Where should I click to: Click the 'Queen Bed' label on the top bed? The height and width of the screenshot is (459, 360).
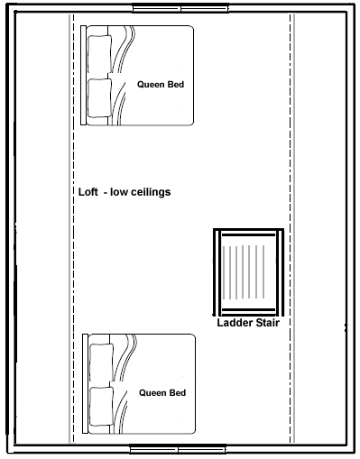[161, 85]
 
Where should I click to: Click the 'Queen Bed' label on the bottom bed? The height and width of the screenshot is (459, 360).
[162, 393]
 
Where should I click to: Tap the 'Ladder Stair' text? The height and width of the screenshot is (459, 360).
[248, 323]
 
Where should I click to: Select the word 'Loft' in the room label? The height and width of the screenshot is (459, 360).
[88, 192]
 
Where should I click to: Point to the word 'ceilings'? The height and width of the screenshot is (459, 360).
[151, 192]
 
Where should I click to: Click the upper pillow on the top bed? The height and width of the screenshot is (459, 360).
[99, 54]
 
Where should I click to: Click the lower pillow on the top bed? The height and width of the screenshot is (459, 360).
[99, 97]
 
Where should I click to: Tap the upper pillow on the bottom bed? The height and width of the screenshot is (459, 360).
[102, 363]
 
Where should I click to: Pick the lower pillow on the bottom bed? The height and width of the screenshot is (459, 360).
[102, 407]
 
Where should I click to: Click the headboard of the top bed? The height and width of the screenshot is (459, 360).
[84, 75]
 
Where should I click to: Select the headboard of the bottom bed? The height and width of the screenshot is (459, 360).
[86, 383]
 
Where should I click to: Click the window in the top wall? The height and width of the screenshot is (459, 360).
[180, 8]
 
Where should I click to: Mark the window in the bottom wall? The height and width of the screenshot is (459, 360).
[178, 449]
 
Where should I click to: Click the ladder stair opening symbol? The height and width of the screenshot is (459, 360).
[248, 272]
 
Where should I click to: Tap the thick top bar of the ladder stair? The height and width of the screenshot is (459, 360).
[248, 234]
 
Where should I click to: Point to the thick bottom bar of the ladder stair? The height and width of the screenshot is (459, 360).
[248, 309]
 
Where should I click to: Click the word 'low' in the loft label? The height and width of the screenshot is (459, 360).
[119, 192]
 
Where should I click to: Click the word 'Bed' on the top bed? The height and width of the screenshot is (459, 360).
[176, 85]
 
